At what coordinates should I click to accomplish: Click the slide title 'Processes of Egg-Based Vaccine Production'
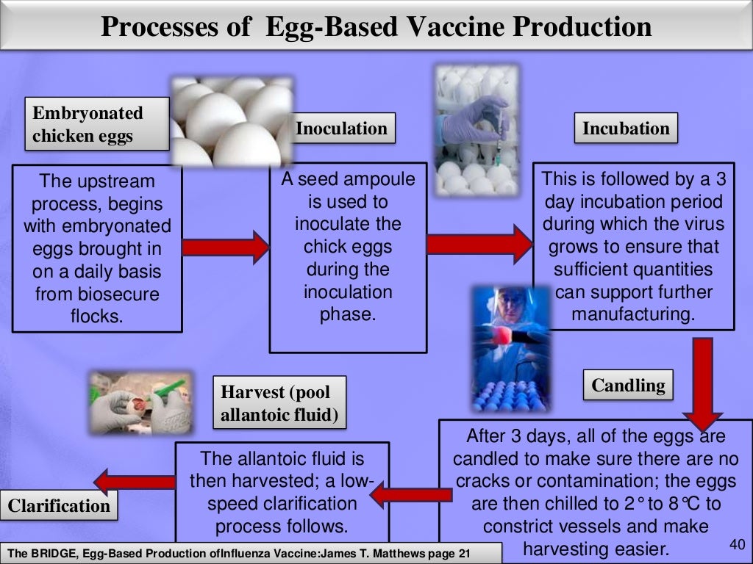pyautogui.click(x=376, y=27)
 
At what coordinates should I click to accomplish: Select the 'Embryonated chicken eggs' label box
pyautogui.click(x=88, y=124)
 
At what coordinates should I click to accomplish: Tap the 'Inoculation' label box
pyautogui.click(x=341, y=129)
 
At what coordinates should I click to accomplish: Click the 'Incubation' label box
pyautogui.click(x=626, y=129)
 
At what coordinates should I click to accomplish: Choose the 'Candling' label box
pyautogui.click(x=627, y=386)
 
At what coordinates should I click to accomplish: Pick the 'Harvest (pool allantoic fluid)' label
pyautogui.click(x=279, y=403)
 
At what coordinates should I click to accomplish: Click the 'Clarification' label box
pyautogui.click(x=59, y=505)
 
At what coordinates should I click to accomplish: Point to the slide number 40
pyautogui.click(x=735, y=544)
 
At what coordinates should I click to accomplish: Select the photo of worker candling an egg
pyautogui.click(x=510, y=347)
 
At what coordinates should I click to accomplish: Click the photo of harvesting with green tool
pyautogui.click(x=139, y=401)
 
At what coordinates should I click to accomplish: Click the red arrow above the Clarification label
pyautogui.click(x=135, y=481)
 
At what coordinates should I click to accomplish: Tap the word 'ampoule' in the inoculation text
pyautogui.click(x=378, y=179)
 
